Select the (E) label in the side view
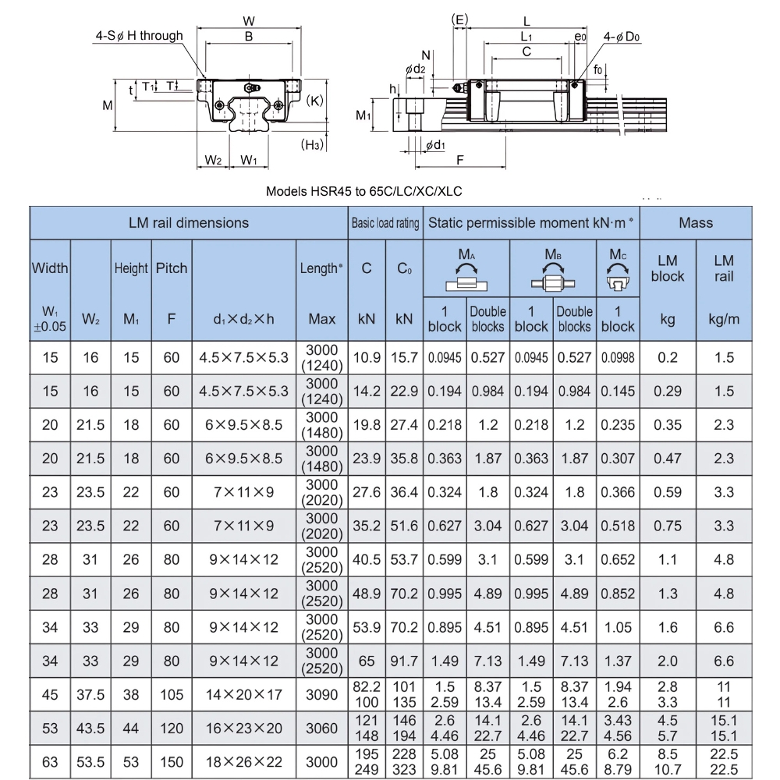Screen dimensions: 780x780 (x=460, y=19)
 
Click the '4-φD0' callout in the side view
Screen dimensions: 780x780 (x=622, y=37)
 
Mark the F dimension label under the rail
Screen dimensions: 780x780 (x=459, y=160)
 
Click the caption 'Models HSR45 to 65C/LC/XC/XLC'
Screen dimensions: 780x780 (x=368, y=190)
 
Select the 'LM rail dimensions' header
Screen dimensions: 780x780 (x=189, y=223)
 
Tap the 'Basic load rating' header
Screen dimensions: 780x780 (x=385, y=223)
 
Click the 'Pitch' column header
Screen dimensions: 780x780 (x=171, y=268)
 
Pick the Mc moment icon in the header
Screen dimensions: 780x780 (x=617, y=275)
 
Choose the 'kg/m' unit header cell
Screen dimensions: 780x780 (x=724, y=319)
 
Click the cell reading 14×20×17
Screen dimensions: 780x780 (x=243, y=694)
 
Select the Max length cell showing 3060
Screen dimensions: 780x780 (x=321, y=728)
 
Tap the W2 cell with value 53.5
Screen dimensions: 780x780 (x=90, y=761)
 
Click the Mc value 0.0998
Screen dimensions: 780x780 (x=618, y=357)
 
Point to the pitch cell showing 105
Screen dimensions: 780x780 (x=171, y=694)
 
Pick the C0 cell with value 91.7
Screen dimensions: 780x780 (x=404, y=661)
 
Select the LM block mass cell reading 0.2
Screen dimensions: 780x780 (x=668, y=357)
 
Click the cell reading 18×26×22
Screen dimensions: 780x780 (x=243, y=761)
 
